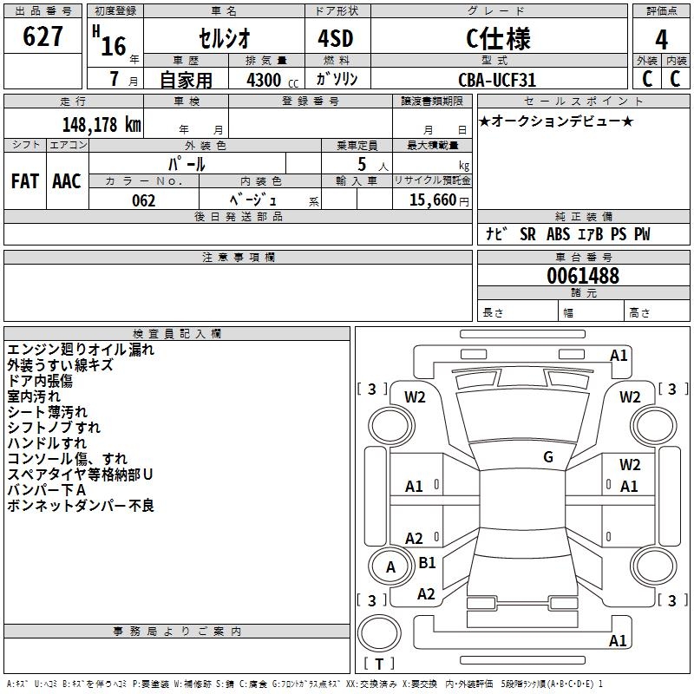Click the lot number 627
click(x=43, y=36)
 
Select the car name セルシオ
click(x=223, y=39)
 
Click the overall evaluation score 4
click(x=662, y=40)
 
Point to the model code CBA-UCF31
click(x=497, y=80)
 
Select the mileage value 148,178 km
click(x=101, y=124)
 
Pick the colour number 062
click(x=144, y=200)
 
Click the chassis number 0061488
click(x=583, y=277)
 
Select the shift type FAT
click(x=24, y=181)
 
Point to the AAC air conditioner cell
click(x=67, y=181)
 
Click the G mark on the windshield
click(x=548, y=457)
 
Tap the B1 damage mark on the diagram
click(x=427, y=563)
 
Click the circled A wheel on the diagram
click(x=390, y=567)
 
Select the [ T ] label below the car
click(x=379, y=665)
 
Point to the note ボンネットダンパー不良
click(x=81, y=506)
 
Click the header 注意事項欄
click(x=238, y=258)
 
